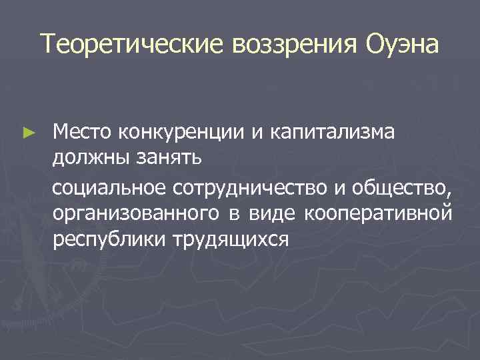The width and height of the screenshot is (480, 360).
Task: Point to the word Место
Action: tap(83, 134)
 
